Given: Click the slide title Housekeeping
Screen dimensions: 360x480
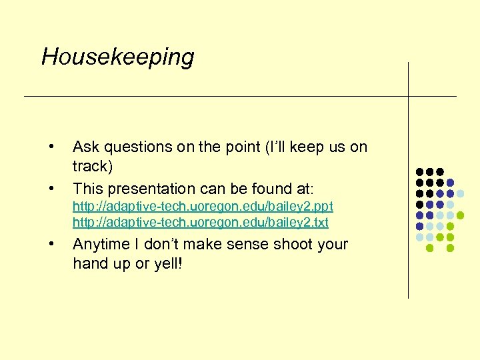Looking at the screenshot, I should [x=117, y=57].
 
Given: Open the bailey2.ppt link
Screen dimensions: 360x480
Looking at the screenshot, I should [x=203, y=207].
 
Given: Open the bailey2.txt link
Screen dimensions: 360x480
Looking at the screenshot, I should [x=200, y=222].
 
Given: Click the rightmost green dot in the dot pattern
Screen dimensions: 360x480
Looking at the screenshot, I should [x=461, y=215].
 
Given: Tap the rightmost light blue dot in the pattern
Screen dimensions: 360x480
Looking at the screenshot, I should [x=461, y=193].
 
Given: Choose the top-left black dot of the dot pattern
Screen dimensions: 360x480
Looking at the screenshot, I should [x=419, y=172].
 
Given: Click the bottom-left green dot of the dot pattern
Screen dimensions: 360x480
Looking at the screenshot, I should [x=429, y=248].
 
